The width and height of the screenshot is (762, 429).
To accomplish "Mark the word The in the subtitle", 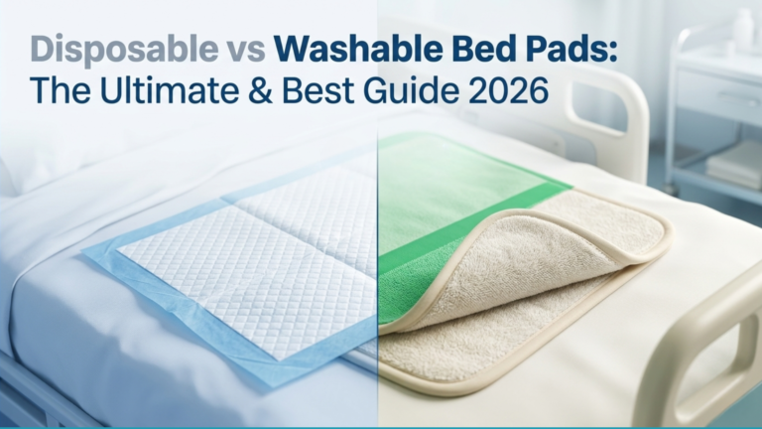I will [x=59, y=93].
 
